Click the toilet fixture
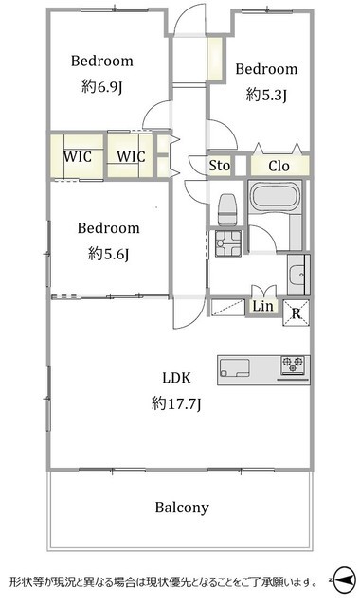coord(227,209)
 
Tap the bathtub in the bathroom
coord(275,196)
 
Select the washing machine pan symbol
coord(228,243)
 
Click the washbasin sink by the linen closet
coord(297,275)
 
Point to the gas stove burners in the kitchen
coord(293,365)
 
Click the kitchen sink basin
coord(234,367)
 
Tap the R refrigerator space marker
coord(297,313)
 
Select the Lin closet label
coord(263,306)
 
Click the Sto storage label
coord(219,166)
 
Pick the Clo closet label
coord(279,167)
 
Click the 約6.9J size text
coord(101,87)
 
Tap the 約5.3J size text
coord(266,95)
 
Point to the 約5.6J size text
coord(108,254)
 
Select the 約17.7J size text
coord(176,404)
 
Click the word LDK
coord(176,378)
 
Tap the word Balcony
coord(182,508)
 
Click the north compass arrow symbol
coord(343,579)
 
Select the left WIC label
coord(78,157)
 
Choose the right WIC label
coord(131,156)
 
